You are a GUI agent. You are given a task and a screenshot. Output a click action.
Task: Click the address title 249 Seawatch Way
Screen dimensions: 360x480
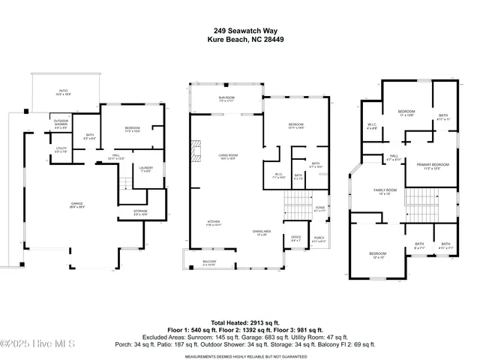(x=239, y=31)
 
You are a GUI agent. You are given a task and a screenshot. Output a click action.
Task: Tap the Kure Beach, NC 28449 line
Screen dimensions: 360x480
(x=239, y=40)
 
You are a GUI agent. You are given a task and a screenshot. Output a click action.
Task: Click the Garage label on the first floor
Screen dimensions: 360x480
(x=77, y=204)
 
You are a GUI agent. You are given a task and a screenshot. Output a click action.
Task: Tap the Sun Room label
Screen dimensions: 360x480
(x=226, y=98)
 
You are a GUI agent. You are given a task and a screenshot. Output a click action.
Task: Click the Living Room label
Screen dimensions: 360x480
(x=228, y=156)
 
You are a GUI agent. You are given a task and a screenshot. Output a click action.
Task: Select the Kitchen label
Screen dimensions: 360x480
(x=214, y=222)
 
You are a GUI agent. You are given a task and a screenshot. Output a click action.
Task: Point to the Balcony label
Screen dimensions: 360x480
(x=209, y=262)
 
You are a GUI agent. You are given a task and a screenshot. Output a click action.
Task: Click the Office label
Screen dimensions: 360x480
(x=295, y=237)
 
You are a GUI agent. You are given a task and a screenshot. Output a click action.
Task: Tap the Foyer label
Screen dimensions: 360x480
(x=319, y=209)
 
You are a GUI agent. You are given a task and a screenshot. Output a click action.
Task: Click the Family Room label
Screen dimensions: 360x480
(x=385, y=190)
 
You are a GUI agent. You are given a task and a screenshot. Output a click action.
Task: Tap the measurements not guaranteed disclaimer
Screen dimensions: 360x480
(x=239, y=357)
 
